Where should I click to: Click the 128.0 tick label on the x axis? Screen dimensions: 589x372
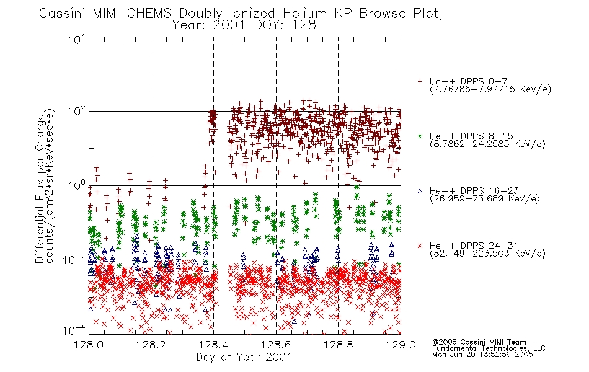pyautogui.click(x=89, y=345)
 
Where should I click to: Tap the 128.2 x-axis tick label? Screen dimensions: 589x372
pyautogui.click(x=151, y=345)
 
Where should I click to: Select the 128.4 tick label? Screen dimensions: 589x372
pyautogui.click(x=213, y=345)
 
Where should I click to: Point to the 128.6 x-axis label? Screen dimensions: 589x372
pyautogui.click(x=276, y=345)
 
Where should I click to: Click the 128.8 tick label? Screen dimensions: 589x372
pyautogui.click(x=338, y=345)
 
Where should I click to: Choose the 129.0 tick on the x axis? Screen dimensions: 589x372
pyautogui.click(x=401, y=345)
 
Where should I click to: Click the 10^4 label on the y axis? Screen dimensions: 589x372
pyautogui.click(x=77, y=40)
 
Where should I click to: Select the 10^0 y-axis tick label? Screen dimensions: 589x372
pyautogui.click(x=77, y=185)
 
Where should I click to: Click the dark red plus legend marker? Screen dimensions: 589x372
pyautogui.click(x=420, y=81)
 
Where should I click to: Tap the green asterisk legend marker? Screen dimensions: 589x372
pyautogui.click(x=420, y=136)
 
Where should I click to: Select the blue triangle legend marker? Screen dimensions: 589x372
pyautogui.click(x=420, y=191)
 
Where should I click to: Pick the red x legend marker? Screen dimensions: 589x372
pyautogui.click(x=420, y=246)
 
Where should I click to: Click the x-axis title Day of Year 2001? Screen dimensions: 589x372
pyautogui.click(x=244, y=357)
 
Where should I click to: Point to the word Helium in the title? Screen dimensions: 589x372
pyautogui.click(x=305, y=14)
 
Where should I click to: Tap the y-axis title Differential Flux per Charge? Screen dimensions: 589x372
pyautogui.click(x=40, y=188)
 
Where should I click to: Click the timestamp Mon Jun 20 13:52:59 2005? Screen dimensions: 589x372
pyautogui.click(x=482, y=355)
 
